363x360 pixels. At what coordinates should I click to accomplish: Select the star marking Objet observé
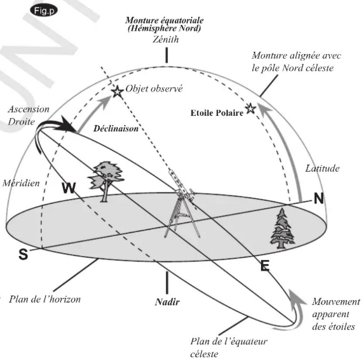click(x=117, y=92)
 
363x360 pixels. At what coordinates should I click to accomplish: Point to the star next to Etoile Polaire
click(x=250, y=109)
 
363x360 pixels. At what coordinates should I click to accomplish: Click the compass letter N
click(x=319, y=199)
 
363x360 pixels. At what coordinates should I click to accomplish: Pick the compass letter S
click(x=23, y=255)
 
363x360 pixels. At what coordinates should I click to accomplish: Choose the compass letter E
click(x=264, y=266)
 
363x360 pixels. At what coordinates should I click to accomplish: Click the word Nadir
click(x=166, y=302)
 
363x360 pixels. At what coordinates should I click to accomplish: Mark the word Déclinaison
click(x=116, y=129)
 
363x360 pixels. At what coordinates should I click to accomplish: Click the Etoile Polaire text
click(x=216, y=113)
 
